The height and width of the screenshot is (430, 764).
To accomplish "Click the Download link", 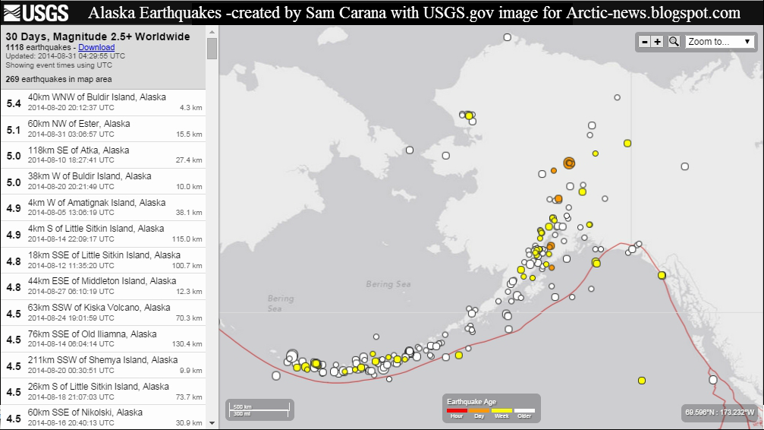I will (x=96, y=47).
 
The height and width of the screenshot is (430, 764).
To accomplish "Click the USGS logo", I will (x=36, y=12).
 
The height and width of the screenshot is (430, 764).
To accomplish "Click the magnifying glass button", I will (x=674, y=42).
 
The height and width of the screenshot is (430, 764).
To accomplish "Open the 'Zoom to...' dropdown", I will (x=719, y=42).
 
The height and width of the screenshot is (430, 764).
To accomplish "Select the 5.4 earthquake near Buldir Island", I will (x=102, y=102).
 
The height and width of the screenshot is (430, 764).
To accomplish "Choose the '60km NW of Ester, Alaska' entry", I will (x=102, y=128).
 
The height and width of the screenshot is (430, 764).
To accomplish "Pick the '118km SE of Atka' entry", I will (x=102, y=155).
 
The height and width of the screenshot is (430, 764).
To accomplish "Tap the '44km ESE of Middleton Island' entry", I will (x=102, y=286).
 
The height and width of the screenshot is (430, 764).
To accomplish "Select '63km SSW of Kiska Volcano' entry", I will (x=102, y=312).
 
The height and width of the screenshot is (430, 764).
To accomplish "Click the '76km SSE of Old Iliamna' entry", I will (x=102, y=339).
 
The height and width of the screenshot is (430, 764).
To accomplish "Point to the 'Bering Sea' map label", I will (x=388, y=284).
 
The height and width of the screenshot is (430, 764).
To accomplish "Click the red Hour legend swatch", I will (x=457, y=410).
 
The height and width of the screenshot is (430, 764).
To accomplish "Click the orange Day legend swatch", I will (x=479, y=410).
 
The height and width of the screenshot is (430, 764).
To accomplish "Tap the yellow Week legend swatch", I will (x=501, y=410).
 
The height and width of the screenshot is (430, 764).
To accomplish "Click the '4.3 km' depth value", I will (x=190, y=108).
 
